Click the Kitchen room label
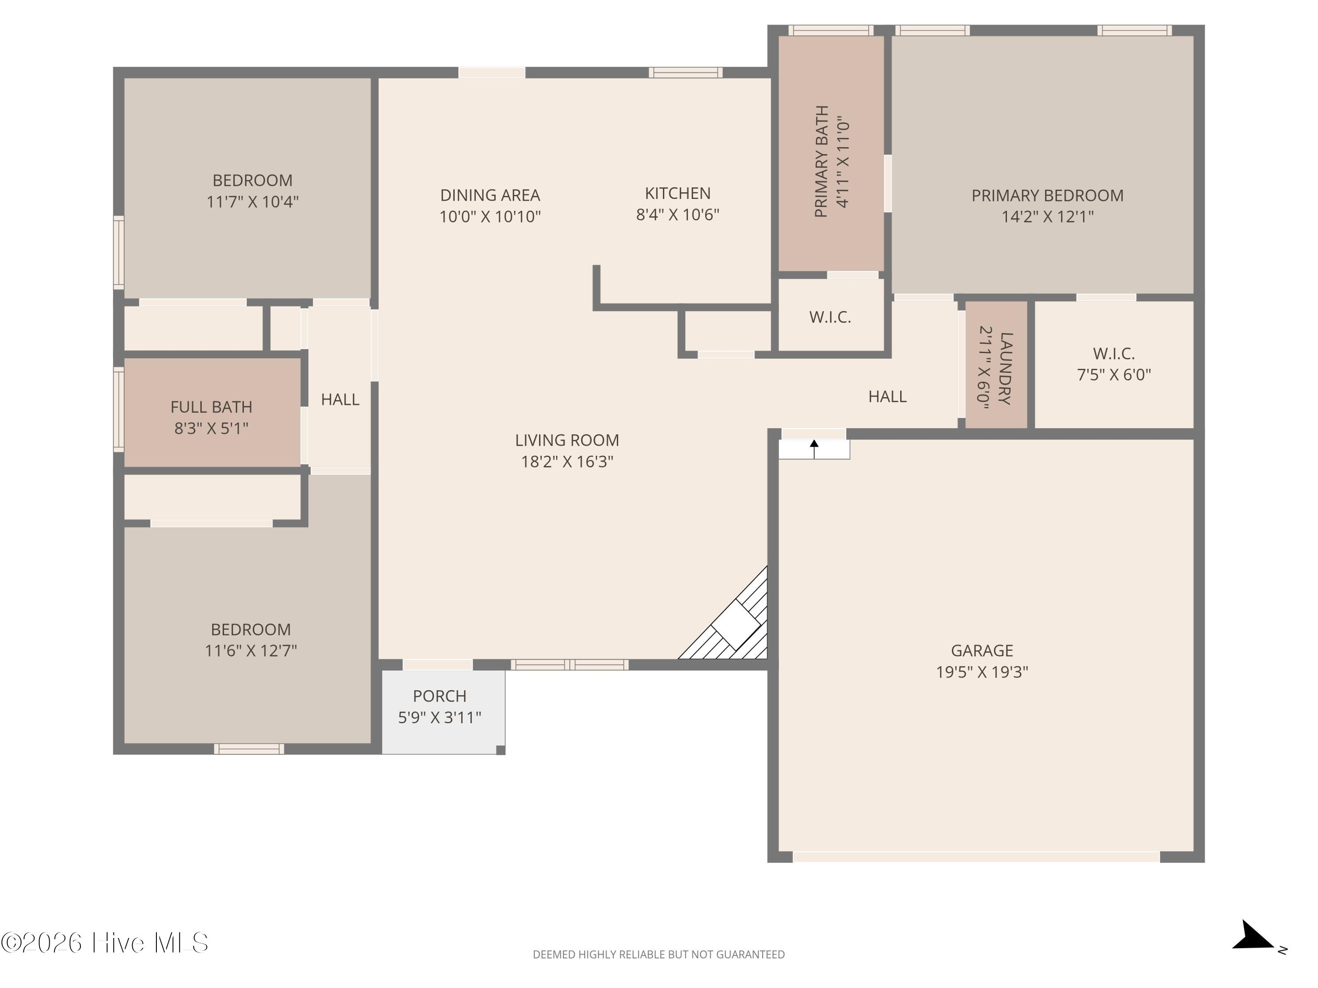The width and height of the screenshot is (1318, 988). [677, 194]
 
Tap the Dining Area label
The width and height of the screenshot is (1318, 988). [490, 195]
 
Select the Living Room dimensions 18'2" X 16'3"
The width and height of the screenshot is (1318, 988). [567, 462]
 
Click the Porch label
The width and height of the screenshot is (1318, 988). [440, 696]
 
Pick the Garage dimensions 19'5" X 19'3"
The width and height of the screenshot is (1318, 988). [982, 672]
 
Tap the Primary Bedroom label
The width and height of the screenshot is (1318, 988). [1047, 195]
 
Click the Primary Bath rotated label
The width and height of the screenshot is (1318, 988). [822, 162]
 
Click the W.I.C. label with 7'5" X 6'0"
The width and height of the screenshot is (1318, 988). [1114, 354]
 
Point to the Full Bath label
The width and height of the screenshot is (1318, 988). [211, 407]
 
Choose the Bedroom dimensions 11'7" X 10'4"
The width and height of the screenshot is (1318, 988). [253, 202]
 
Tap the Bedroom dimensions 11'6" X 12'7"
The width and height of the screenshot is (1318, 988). [251, 651]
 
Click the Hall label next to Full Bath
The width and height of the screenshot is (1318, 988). [340, 400]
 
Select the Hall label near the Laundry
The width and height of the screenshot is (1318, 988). [887, 397]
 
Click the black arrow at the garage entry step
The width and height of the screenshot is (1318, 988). [814, 449]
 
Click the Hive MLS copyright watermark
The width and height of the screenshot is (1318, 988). [105, 943]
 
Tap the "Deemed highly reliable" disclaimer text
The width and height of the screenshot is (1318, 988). [659, 955]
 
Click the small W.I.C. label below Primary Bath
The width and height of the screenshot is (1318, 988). [830, 317]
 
